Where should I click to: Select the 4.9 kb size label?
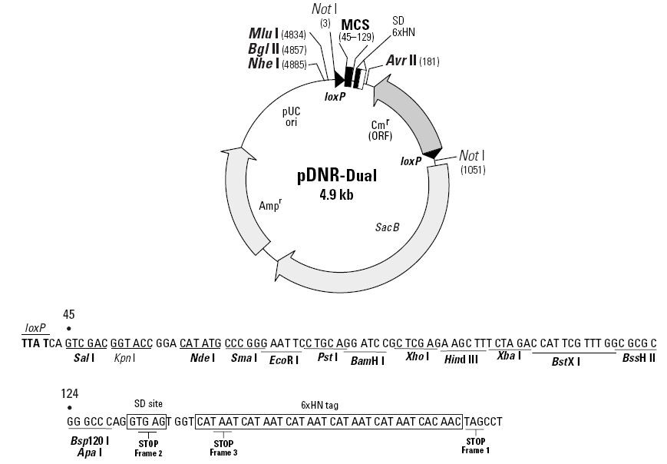[336, 194]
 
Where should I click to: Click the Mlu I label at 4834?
[263, 34]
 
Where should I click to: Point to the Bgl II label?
[263, 48]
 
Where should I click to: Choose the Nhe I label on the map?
[263, 63]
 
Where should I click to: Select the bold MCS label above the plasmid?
[355, 25]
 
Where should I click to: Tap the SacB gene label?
[387, 227]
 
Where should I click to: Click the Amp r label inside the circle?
[269, 206]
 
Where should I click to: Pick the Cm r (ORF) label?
[379, 130]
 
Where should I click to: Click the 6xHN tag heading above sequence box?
[326, 404]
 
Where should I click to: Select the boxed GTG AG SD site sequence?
[146, 421]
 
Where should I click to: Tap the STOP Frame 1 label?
[475, 446]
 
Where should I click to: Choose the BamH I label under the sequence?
[367, 359]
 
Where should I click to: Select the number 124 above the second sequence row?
[71, 394]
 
